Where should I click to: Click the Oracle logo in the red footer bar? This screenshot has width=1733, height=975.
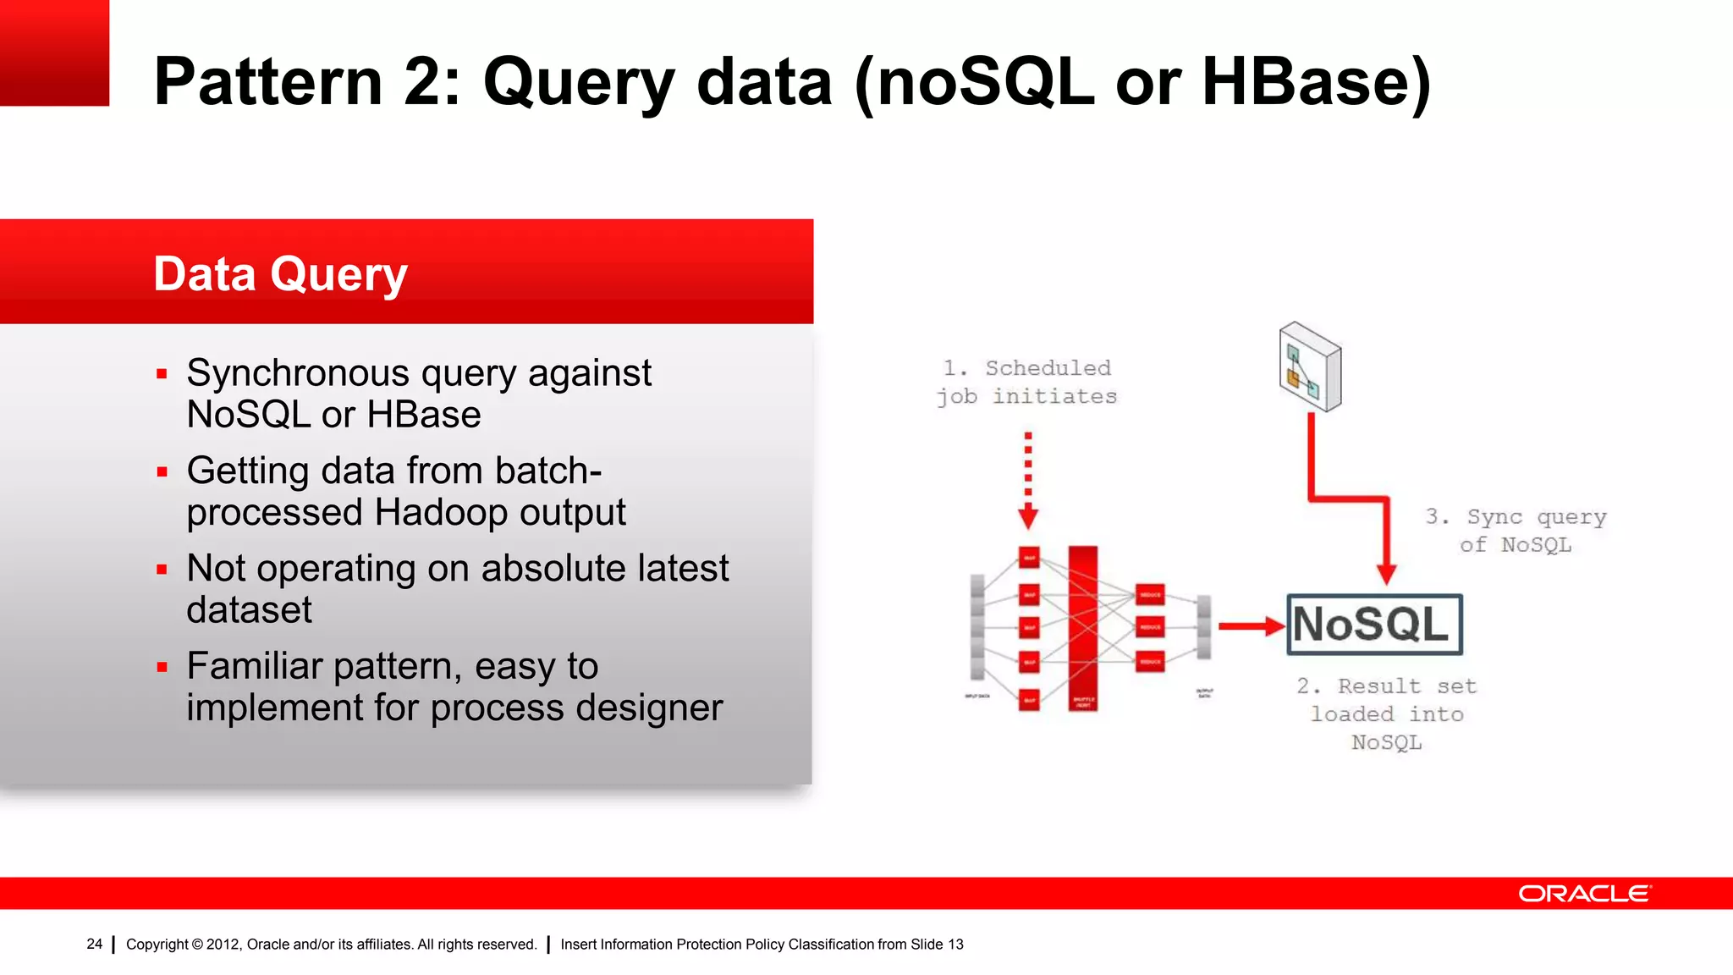(x=1584, y=894)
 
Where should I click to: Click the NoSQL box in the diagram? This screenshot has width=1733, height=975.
(x=1374, y=625)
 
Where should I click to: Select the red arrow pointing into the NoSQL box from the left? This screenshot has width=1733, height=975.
(x=1251, y=626)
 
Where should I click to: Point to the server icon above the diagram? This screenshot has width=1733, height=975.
(x=1310, y=366)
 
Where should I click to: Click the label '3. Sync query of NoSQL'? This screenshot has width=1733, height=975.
(x=1516, y=531)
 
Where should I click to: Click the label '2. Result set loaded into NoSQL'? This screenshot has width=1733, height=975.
(x=1386, y=713)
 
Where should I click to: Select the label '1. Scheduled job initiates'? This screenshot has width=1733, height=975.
(x=1026, y=382)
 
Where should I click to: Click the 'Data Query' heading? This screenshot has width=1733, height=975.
(x=280, y=274)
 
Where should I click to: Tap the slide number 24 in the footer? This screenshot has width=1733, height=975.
(x=94, y=944)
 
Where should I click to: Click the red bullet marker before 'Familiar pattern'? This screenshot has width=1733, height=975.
(x=162, y=668)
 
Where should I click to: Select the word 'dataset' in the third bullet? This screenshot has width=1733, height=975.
(x=249, y=610)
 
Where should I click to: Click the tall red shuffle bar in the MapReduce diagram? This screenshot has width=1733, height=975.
(x=1083, y=627)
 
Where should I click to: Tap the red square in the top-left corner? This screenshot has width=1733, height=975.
(x=54, y=52)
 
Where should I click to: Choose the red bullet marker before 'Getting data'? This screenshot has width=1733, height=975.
(x=162, y=472)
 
